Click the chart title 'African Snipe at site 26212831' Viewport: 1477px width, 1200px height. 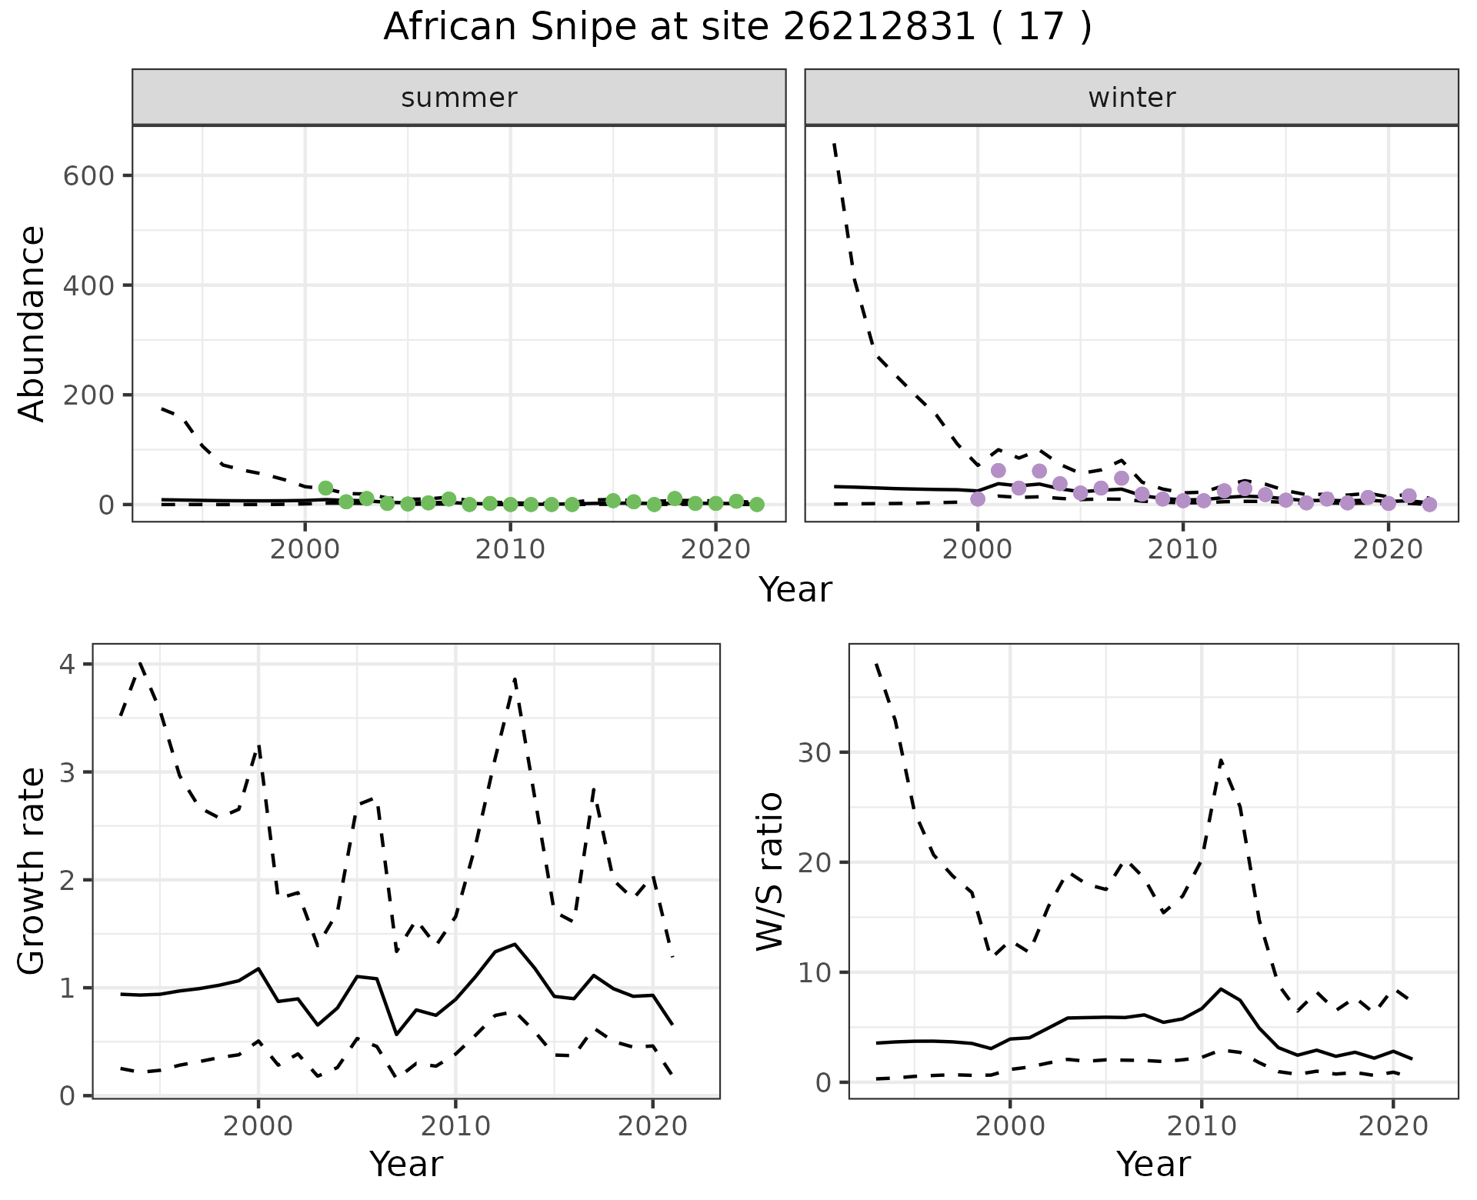click(737, 28)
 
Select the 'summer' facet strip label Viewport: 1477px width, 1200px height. click(459, 98)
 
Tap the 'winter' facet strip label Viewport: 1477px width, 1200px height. click(1132, 98)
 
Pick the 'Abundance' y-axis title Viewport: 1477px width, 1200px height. click(32, 323)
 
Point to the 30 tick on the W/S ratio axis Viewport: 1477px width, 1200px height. click(815, 752)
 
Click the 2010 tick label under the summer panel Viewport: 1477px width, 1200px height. click(510, 549)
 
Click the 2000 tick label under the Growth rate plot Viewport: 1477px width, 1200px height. click(258, 1126)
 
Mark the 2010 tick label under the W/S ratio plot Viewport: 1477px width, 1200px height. click(1201, 1126)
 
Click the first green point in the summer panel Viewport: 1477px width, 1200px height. click(325, 488)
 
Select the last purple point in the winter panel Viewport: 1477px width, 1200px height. click(1429, 505)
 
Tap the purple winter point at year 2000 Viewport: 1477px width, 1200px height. click(978, 499)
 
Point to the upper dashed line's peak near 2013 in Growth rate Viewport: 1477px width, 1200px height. click(515, 678)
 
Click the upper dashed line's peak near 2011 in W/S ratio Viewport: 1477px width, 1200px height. click(1221, 760)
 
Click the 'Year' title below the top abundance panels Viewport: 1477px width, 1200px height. click(795, 590)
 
